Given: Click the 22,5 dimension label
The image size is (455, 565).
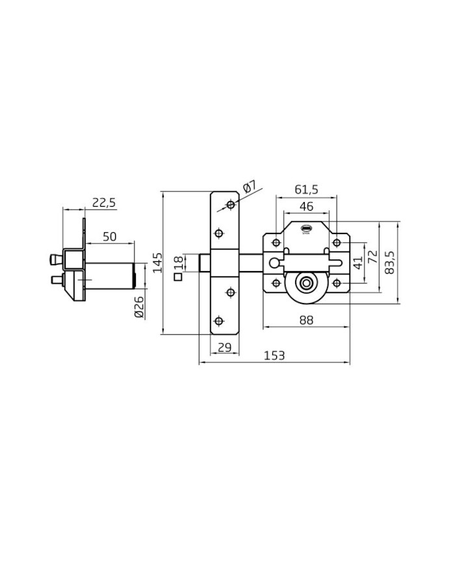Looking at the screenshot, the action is (x=104, y=203).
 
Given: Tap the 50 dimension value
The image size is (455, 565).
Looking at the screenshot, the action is (x=109, y=237).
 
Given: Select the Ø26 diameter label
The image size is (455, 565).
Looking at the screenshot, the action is (x=139, y=307).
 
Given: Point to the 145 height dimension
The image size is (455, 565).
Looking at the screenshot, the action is (x=158, y=263).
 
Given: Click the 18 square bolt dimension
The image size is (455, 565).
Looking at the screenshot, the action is (x=179, y=262).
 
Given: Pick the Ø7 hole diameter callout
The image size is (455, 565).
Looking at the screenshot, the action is (x=250, y=188).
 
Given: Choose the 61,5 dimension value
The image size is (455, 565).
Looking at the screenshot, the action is (x=307, y=190).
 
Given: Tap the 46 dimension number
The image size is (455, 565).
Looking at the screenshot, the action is (x=306, y=207).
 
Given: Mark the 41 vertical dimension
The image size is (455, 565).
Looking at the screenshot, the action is (x=357, y=263).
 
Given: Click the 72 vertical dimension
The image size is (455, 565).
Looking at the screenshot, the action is (x=374, y=257).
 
